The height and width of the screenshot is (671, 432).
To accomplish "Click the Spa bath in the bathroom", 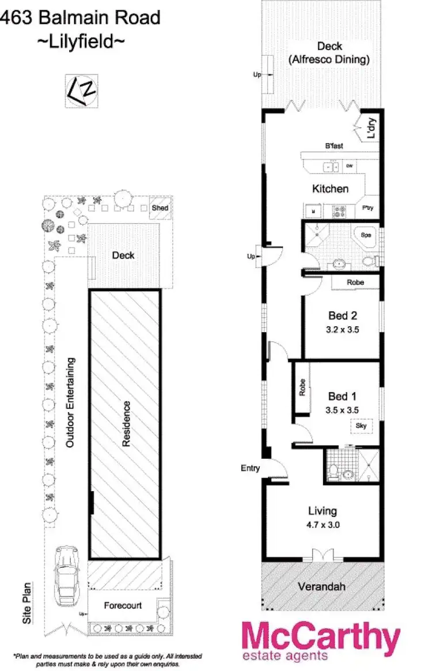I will click(366, 235).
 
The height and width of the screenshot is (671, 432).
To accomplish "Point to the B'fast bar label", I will click(334, 146).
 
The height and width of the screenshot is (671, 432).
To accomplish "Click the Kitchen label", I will click(330, 189).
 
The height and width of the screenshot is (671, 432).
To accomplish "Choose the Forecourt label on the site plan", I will click(122, 606).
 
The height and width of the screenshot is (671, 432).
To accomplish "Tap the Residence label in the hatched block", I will click(126, 424).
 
